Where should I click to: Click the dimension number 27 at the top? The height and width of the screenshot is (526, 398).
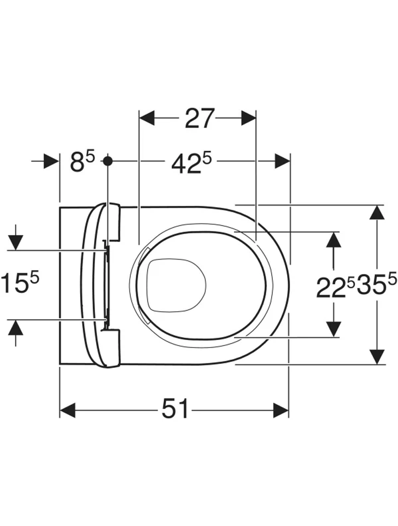tap(199, 118)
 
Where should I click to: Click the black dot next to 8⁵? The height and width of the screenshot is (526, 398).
tap(107, 161)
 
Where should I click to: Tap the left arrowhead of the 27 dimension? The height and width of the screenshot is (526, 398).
tap(147, 118)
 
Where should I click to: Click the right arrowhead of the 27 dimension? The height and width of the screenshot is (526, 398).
tap(248, 118)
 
